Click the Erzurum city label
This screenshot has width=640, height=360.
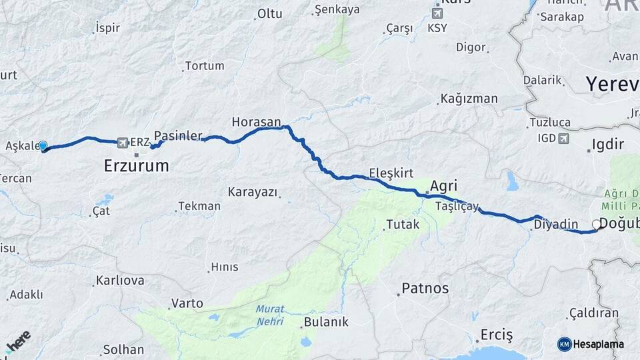tap(137, 165)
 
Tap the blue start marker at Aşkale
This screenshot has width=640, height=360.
tap(43, 146)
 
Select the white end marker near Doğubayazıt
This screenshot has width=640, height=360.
tap(597, 225)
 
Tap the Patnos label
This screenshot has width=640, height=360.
tap(425, 289)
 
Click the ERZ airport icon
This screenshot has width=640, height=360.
tap(121, 142)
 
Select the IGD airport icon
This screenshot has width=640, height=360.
tap(565, 139)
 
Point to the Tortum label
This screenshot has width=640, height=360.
tap(205, 66)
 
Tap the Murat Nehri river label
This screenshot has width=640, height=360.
tap(270, 315)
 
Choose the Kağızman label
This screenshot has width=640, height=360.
tap(469, 99)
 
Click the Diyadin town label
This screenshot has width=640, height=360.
tap(551, 225)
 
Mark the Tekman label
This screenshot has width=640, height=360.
tap(199, 206)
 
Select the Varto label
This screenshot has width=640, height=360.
tap(187, 303)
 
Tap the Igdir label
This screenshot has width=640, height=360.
tap(608, 145)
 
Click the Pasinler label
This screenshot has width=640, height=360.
tap(177, 135)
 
